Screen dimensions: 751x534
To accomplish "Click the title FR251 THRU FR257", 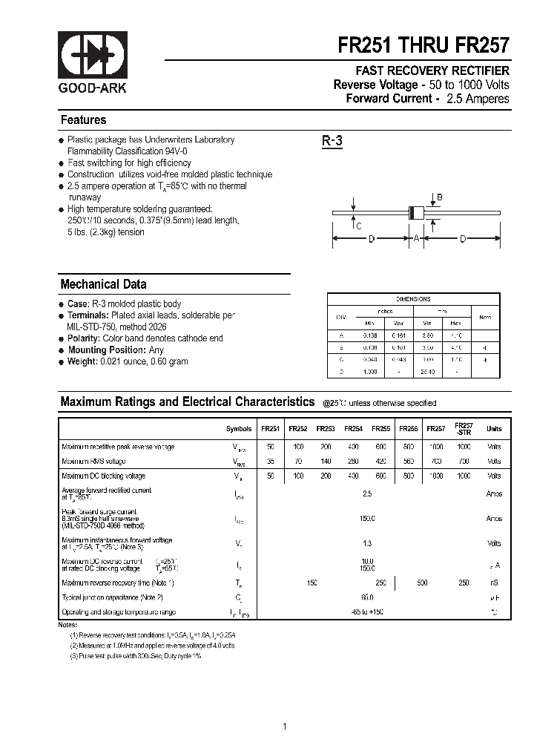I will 423,45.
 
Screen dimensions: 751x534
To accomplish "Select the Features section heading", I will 83,120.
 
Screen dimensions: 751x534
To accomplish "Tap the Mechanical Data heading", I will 103,284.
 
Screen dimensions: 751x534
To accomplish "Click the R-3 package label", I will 332,141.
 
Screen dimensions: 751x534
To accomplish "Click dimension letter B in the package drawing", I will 438,197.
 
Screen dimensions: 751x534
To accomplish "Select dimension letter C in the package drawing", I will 358,226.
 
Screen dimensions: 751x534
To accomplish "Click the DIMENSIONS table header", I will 413,299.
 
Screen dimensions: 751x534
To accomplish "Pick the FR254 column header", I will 354,428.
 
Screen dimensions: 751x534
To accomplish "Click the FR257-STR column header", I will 464,428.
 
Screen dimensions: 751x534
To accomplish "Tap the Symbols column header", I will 238,428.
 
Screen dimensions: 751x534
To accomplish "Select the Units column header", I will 493,428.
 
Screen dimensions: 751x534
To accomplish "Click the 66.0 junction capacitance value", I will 367,597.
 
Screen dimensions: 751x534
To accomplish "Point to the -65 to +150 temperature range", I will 367,611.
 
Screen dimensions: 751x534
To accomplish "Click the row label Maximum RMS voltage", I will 94,462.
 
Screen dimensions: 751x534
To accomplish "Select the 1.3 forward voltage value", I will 367,543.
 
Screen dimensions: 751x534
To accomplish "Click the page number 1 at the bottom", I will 285,706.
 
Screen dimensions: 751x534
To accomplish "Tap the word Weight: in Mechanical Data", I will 82,361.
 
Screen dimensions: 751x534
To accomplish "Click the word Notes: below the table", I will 67,625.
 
